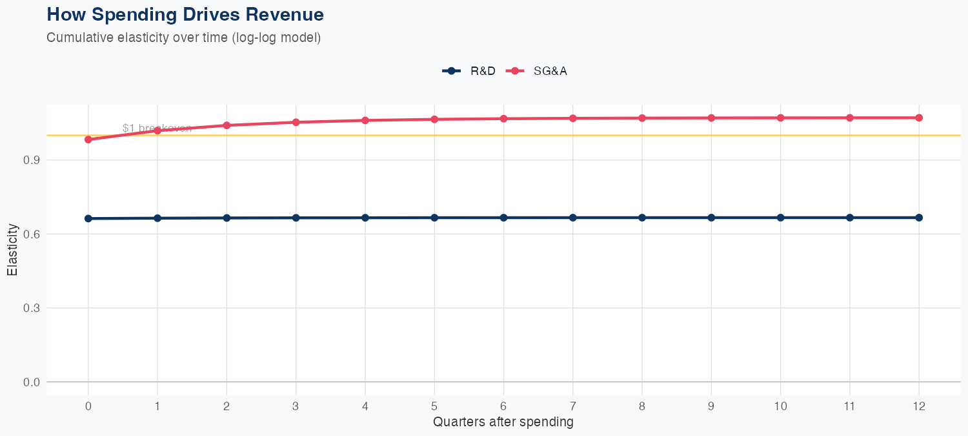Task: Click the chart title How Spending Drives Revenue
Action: [x=185, y=14]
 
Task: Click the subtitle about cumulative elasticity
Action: [x=183, y=37]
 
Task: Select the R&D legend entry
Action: [x=469, y=71]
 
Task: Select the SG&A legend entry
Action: [x=537, y=71]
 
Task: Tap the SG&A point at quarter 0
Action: [x=88, y=140]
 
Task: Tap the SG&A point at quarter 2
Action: [x=227, y=125]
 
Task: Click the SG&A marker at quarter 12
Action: [x=919, y=118]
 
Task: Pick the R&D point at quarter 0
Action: [x=88, y=218]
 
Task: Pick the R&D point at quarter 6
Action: [x=503, y=218]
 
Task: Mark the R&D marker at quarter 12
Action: [x=919, y=218]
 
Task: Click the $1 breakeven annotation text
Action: [x=157, y=128]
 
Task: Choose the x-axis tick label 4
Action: [x=365, y=406]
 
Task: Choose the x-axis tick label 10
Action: [x=780, y=406]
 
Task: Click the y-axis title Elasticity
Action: [x=12, y=249]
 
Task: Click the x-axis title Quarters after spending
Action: [x=503, y=422]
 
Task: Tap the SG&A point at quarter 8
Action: [x=642, y=118]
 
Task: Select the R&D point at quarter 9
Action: [x=711, y=218]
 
